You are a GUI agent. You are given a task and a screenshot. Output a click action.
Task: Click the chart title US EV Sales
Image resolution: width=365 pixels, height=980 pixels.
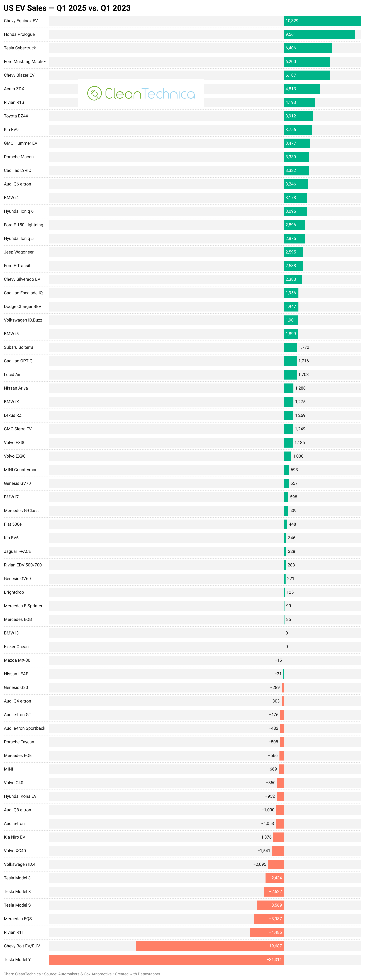pyautogui.click(x=67, y=8)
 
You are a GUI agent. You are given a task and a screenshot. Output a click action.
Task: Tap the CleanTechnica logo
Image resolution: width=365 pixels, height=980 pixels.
pyautogui.click(x=141, y=94)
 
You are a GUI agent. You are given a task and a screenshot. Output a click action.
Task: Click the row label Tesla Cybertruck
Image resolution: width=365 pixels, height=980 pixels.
pyautogui.click(x=20, y=48)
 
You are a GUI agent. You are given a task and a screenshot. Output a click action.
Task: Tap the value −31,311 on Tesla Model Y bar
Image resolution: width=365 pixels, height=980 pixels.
pyautogui.click(x=274, y=959)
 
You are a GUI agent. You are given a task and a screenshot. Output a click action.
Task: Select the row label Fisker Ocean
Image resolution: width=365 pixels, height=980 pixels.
pyautogui.click(x=16, y=647)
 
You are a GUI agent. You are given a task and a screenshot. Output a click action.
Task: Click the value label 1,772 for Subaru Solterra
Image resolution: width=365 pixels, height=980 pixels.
pyautogui.click(x=304, y=347)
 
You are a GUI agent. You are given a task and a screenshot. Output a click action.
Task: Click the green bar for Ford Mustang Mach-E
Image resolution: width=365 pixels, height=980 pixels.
pyautogui.click(x=307, y=62)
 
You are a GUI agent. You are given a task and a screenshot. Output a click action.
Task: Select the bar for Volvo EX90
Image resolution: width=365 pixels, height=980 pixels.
pyautogui.click(x=287, y=456)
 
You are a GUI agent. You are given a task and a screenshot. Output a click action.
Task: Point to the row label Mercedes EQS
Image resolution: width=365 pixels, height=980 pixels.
pyautogui.click(x=18, y=919)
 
